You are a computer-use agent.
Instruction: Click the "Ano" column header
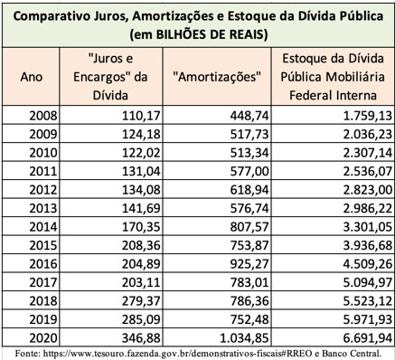31,77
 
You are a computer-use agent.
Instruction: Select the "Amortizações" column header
217,77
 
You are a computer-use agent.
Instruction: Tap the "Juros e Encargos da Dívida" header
110,77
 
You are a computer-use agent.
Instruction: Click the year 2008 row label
43,116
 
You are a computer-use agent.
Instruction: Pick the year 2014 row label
43,227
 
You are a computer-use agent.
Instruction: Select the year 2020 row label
43,338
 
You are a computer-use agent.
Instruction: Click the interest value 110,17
141,116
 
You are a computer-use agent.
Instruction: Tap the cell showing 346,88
141,338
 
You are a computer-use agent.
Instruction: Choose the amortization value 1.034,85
244,338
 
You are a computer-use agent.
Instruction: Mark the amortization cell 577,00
249,171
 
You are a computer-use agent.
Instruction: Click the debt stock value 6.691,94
368,338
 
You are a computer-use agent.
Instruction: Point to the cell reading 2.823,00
368,190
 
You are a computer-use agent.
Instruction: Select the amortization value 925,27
249,264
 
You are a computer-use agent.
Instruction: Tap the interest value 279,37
141,301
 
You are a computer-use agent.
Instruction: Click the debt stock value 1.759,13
368,116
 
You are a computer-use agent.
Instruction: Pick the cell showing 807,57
249,227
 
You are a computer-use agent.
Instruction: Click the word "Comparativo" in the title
46,16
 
